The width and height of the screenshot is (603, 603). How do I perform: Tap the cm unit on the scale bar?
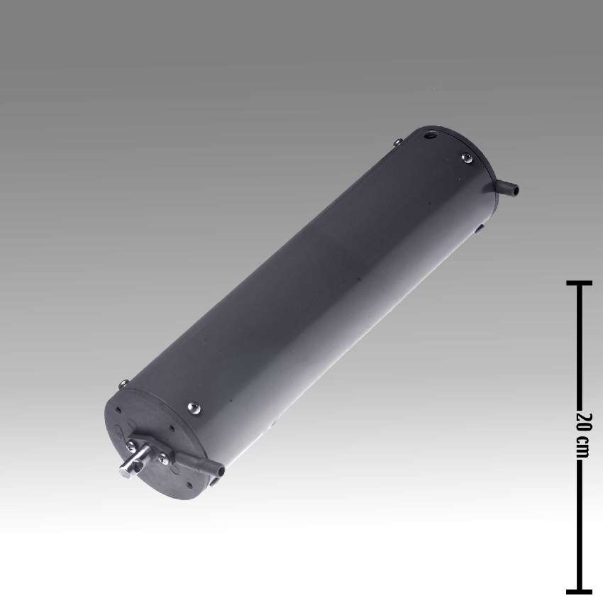point(583,446)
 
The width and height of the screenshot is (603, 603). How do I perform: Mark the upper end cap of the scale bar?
point(580,283)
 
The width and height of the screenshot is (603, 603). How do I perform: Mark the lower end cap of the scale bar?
point(580,590)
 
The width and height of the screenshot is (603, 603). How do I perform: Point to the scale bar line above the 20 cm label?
point(580,348)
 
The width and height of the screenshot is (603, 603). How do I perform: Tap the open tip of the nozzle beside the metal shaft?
point(219,470)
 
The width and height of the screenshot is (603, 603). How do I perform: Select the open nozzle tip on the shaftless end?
point(515,190)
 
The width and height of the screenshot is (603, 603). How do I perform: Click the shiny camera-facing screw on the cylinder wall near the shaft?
point(194,407)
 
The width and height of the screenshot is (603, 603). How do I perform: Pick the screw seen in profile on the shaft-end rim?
point(124,384)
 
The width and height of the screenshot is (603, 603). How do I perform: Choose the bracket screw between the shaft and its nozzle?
point(163,460)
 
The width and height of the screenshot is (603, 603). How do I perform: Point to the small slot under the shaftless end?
point(480,228)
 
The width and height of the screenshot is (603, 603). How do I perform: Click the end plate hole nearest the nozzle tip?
point(190,485)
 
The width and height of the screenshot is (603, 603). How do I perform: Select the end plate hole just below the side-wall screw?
point(172,428)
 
